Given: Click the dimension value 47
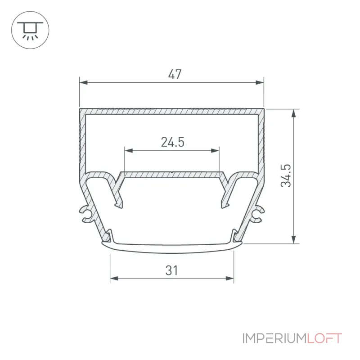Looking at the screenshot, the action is point(175,74).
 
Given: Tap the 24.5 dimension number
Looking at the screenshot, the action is point(172,142).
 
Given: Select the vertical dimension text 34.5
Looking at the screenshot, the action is point(286,175).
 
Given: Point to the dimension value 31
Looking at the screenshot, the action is point(171,270).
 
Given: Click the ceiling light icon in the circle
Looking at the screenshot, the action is point(30,30).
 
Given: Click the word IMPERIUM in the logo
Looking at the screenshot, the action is point(274,338).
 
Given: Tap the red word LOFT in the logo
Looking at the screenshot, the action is point(324,338).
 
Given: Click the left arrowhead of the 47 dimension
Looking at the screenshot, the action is point(84,82).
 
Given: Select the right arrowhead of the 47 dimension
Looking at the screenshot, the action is point(260,82).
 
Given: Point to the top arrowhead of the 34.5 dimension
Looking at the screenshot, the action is point(294,113).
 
